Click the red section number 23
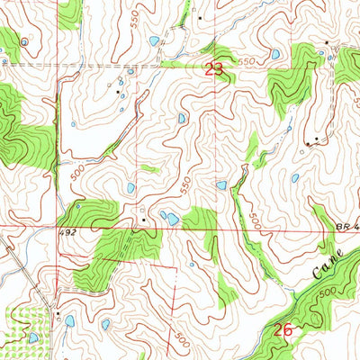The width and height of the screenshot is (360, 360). pyautogui.click(x=213, y=68)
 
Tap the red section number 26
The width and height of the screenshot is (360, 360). pyautogui.click(x=283, y=330)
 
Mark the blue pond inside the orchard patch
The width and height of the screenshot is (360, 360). pyautogui.click(x=33, y=337)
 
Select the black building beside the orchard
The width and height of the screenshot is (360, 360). pyautogui.click(x=58, y=314)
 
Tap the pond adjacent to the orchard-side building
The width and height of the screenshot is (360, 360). pyautogui.click(x=69, y=320)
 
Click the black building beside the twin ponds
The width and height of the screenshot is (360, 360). pyautogui.click(x=143, y=218)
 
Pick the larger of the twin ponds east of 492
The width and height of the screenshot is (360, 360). pyautogui.click(x=170, y=219)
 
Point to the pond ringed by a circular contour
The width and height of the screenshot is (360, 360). pyautogui.click(x=182, y=118)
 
